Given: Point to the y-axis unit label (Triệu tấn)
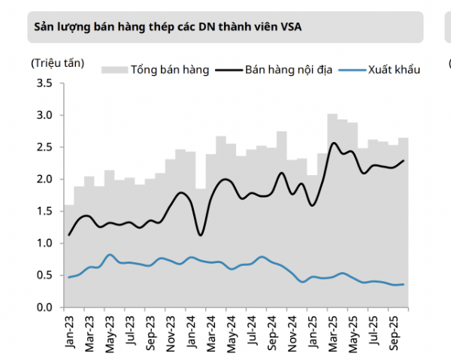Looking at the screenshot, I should pyautogui.click(x=59, y=62).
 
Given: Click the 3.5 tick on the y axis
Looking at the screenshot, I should pyautogui.click(x=44, y=83).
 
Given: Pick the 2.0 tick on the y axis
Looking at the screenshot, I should pyautogui.click(x=44, y=180).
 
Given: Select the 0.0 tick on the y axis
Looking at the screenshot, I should pyautogui.click(x=44, y=307).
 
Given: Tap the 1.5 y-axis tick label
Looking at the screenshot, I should pyautogui.click(x=44, y=211).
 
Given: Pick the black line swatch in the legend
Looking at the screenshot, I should pyautogui.click(x=228, y=71).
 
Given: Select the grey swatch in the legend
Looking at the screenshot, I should pyautogui.click(x=114, y=71).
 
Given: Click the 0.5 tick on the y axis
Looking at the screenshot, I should pyautogui.click(x=44, y=275).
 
